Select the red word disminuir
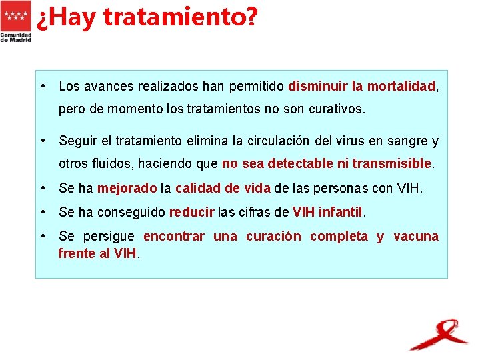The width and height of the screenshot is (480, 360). (317, 86)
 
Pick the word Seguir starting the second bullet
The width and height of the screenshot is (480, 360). (76, 141)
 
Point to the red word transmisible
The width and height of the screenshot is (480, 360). (392, 163)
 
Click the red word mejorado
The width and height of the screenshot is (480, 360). (127, 189)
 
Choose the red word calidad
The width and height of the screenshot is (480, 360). (197, 189)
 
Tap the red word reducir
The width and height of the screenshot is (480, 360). (191, 213)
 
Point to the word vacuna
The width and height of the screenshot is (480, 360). (416, 237)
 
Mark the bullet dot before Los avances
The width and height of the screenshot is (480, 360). (43, 86)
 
